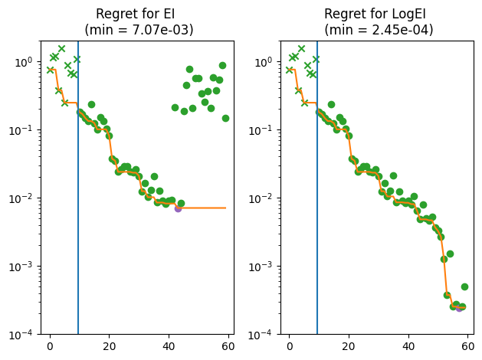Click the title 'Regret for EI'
coord(139,15)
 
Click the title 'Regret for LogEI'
coord(378,15)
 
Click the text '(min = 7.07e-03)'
coord(139,30)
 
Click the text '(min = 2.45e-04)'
coord(378,30)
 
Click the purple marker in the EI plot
coord(178,208)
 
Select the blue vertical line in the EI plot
coord(78,230)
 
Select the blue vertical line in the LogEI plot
coord(317,230)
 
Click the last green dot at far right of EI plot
coord(225,118)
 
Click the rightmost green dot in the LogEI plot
coord(464,286)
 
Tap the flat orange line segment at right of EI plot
coord(203,208)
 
